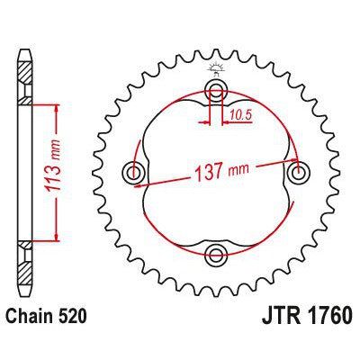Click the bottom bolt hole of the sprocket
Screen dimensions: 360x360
216,253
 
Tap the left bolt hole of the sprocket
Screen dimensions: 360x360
135,172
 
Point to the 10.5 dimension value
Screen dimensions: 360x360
238,115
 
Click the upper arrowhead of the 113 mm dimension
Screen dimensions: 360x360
58,106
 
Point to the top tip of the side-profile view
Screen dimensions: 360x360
23,45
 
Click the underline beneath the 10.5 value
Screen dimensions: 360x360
238,121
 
